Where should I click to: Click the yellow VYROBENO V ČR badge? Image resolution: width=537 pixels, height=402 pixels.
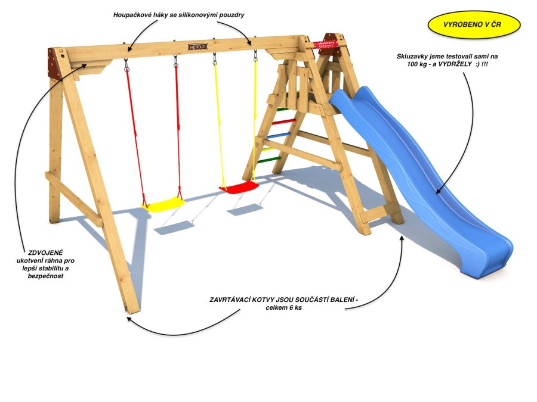[474, 24]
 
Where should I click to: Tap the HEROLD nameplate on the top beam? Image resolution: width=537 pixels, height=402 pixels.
[198, 46]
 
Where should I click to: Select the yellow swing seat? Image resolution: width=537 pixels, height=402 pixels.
[163, 204]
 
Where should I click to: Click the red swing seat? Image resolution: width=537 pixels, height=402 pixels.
[239, 187]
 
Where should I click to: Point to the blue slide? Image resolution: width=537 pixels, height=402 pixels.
[421, 177]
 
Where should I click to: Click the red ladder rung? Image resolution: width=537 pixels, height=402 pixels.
[283, 121]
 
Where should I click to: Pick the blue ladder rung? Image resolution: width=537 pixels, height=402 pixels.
[279, 136]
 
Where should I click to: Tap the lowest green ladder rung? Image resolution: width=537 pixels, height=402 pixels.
[269, 160]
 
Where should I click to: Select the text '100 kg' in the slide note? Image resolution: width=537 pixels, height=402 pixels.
[417, 64]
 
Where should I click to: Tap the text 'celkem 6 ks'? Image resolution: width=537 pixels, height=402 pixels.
[284, 308]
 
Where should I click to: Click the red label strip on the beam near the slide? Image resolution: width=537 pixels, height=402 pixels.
[325, 45]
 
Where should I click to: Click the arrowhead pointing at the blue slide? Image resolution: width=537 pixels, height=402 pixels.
[439, 191]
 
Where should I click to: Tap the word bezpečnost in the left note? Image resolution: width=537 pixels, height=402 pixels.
[45, 276]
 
